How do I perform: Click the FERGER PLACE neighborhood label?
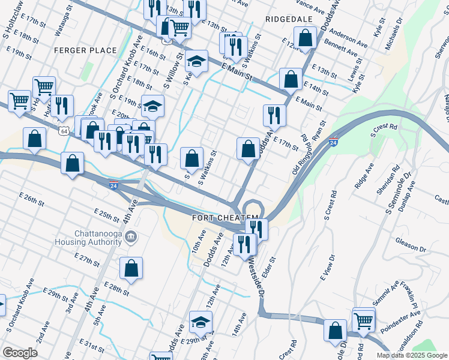click(85, 50)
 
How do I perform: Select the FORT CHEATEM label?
click(225, 217)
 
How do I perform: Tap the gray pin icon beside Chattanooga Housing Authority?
click(132, 238)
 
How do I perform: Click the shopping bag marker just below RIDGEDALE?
click(306, 38)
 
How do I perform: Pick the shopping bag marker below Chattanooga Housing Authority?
click(131, 269)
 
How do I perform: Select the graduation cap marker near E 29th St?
click(200, 323)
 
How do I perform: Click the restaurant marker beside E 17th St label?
click(274, 115)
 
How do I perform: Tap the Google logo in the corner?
click(20, 353)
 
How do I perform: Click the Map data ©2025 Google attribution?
click(411, 355)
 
